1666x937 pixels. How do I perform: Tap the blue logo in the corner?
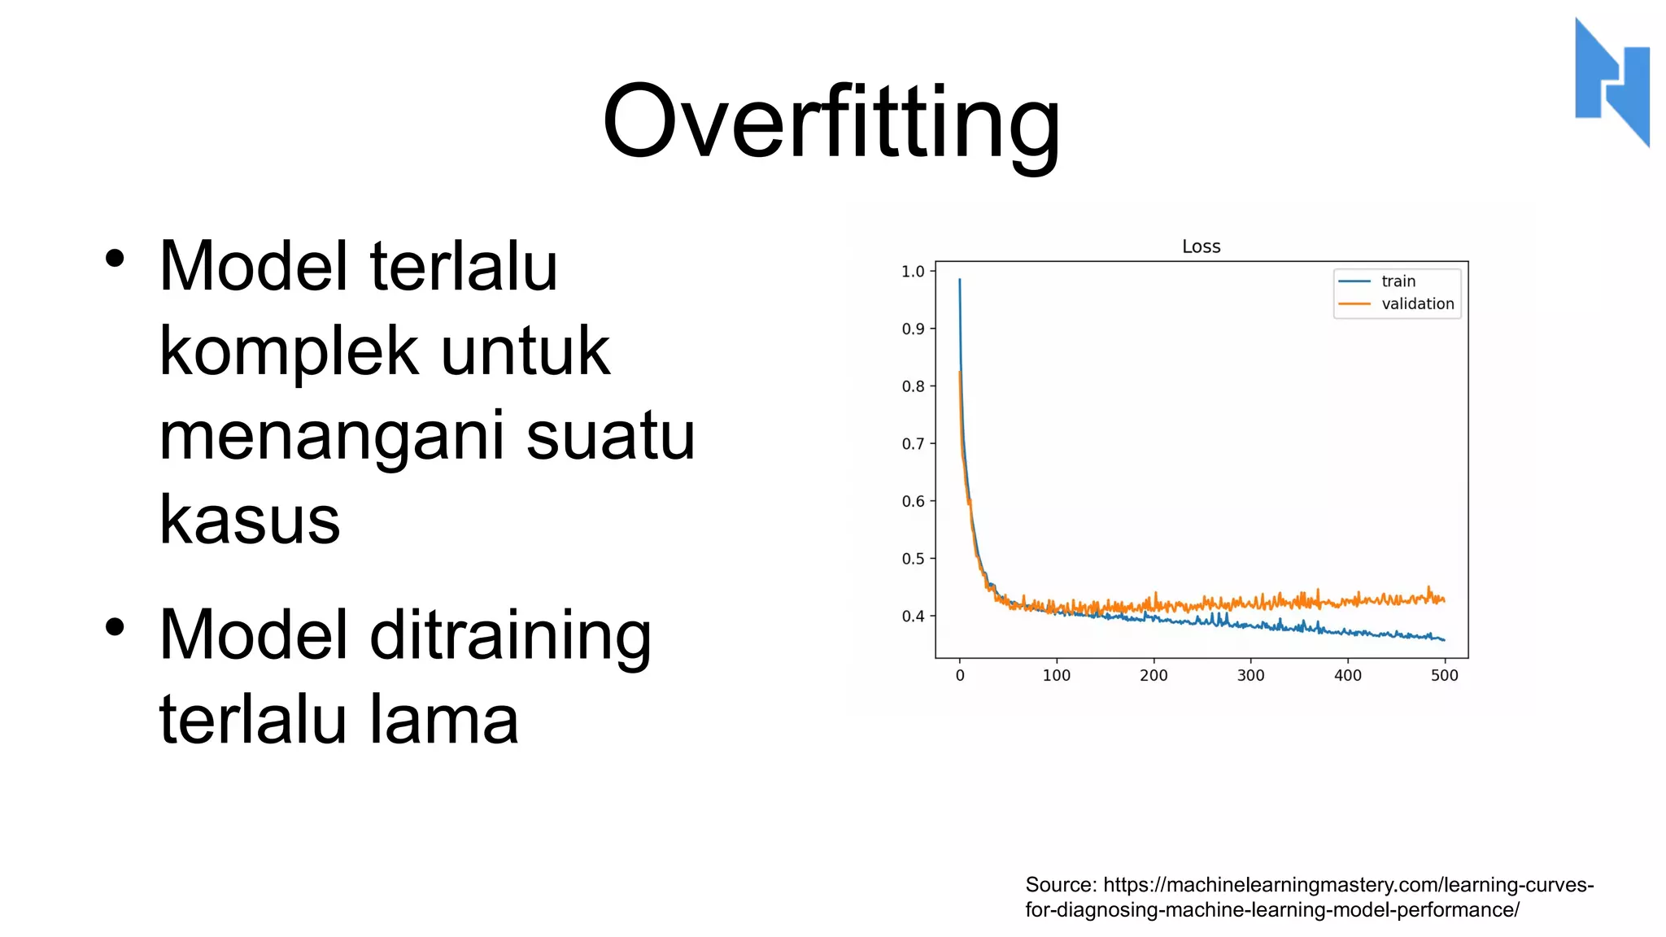click(x=1611, y=81)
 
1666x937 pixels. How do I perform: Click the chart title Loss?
click(x=1201, y=246)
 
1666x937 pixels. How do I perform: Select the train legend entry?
click(x=1398, y=281)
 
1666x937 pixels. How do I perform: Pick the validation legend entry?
click(x=1417, y=304)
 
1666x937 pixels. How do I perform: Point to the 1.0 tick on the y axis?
click(x=913, y=272)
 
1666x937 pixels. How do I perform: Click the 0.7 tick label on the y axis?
click(x=913, y=444)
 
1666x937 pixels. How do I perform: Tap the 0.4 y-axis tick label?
click(x=913, y=617)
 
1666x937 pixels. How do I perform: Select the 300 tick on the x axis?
click(x=1250, y=675)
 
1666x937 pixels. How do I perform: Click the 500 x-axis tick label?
click(x=1444, y=675)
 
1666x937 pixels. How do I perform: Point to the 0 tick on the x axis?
click(x=960, y=675)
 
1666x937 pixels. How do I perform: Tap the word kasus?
click(x=249, y=521)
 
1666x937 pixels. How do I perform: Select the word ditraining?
click(x=510, y=636)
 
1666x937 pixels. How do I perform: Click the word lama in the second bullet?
click(x=443, y=721)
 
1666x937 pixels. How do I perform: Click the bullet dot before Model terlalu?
click(x=115, y=259)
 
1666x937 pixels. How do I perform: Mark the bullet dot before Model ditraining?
click(x=115, y=627)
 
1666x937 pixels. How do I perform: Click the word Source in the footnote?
click(x=1060, y=885)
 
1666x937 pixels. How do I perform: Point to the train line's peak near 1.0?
click(x=960, y=281)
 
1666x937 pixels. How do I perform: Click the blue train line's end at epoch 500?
click(x=1444, y=640)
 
